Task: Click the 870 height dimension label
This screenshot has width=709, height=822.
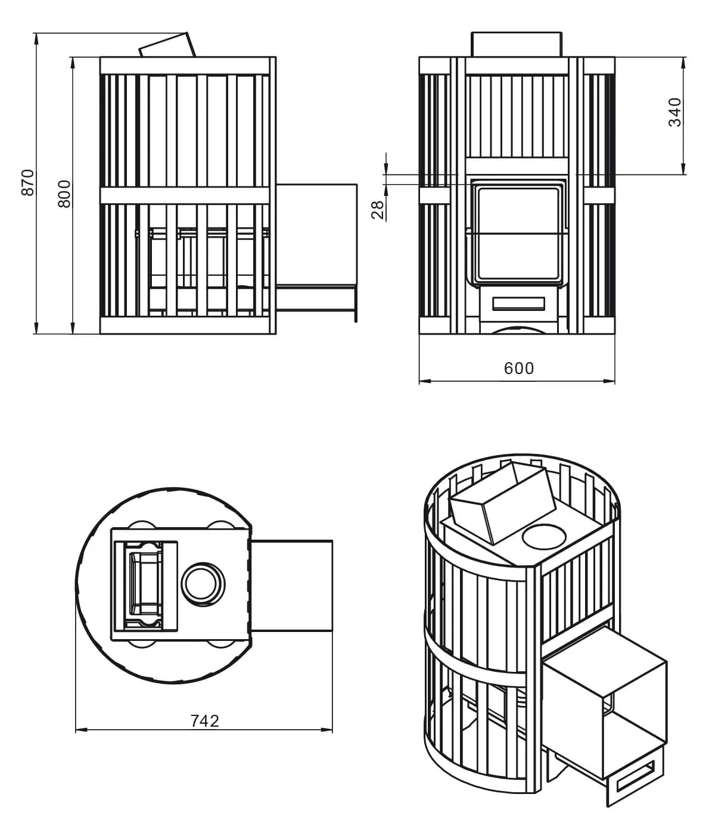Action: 28,182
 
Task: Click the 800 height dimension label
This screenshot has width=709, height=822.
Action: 64,194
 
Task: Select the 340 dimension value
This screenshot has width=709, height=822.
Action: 675,112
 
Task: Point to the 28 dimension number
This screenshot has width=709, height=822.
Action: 378,210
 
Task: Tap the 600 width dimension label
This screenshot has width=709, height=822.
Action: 519,369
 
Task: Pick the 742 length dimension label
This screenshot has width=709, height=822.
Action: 205,721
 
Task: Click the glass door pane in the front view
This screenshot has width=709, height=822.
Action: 518,233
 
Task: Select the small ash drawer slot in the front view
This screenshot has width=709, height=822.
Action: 519,304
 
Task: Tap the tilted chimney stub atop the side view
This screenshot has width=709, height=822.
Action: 167,45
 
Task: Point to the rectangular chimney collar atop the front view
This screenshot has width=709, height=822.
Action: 517,44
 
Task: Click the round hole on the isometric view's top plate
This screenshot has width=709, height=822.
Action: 544,537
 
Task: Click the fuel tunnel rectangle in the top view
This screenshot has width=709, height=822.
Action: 291,586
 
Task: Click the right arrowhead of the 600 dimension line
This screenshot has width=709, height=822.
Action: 610,381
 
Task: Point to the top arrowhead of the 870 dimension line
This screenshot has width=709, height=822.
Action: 36,38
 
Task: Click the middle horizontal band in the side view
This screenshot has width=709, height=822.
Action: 185,195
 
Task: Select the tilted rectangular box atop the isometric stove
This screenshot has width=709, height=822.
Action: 502,503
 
